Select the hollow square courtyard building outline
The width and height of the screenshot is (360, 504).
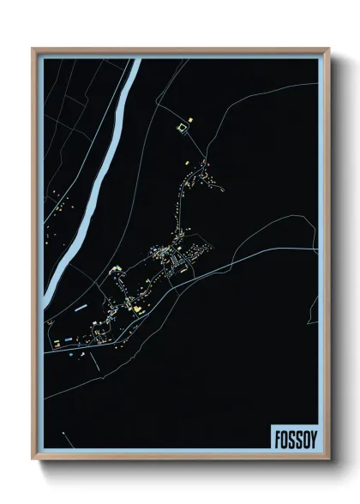tap(181, 129)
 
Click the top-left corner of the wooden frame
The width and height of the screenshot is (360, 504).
tap(33, 50)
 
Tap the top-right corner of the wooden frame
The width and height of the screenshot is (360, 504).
tap(328, 50)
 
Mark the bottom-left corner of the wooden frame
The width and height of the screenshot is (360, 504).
tap(33, 459)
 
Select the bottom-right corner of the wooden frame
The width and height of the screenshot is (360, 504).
tap(328, 459)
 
